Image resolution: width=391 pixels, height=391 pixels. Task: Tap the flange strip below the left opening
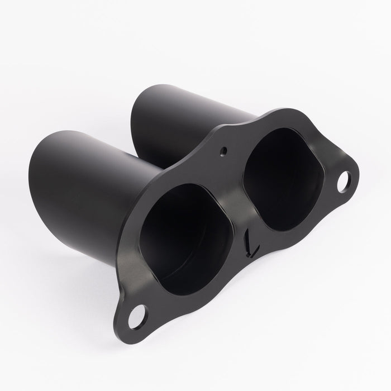(x=195, y=302)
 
